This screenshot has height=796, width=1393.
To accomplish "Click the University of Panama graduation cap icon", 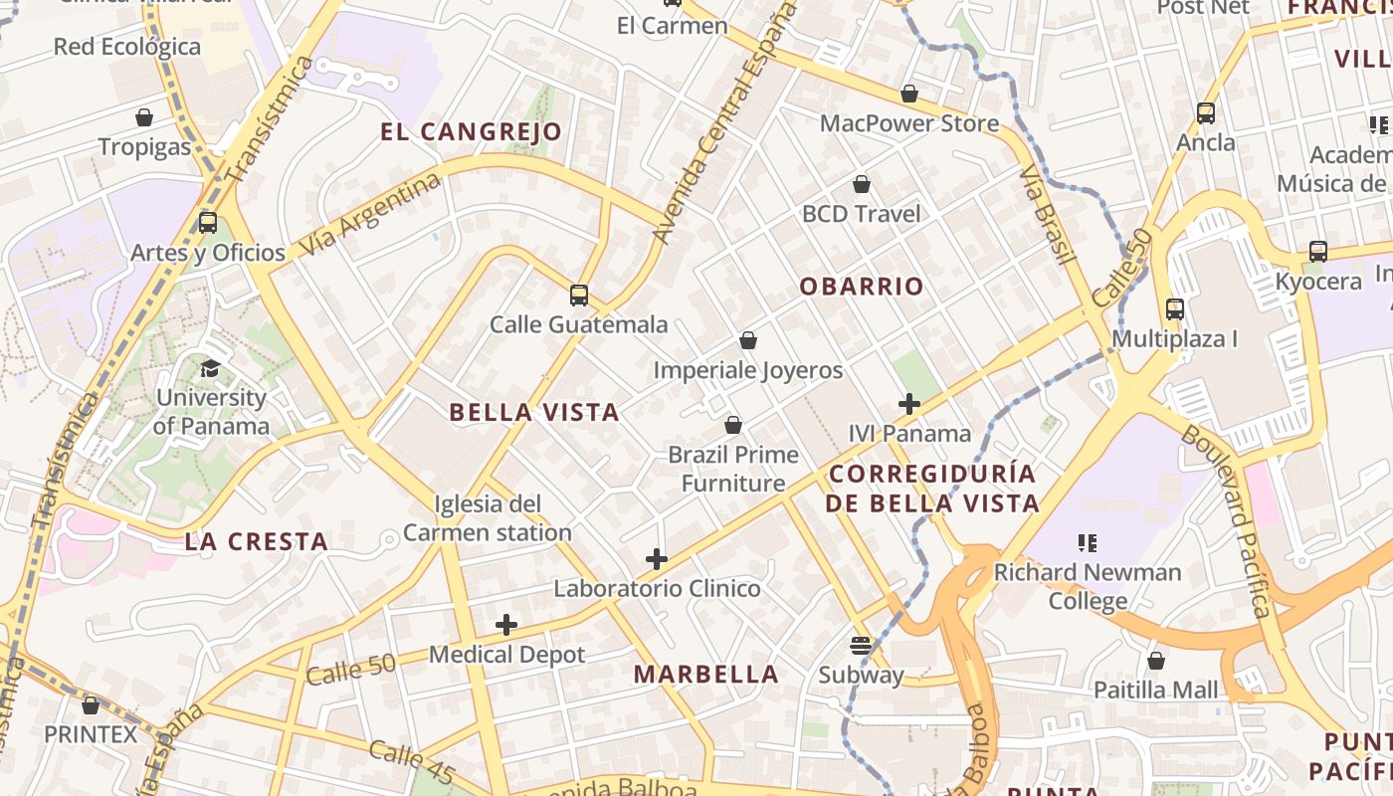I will pyautogui.click(x=210, y=369).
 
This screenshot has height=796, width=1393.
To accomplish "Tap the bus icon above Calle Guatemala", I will pyautogui.click(x=579, y=296).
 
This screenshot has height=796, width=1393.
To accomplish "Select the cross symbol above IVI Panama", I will pyautogui.click(x=909, y=404).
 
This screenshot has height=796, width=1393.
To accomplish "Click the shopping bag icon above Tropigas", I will pyautogui.click(x=144, y=117).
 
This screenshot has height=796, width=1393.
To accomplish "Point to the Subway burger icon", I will pyautogui.click(x=861, y=646).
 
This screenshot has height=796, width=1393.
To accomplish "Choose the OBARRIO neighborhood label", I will pyautogui.click(x=862, y=287).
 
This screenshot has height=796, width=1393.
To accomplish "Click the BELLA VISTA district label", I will pyautogui.click(x=534, y=412).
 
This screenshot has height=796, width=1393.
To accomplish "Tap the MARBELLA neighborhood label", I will pyautogui.click(x=706, y=674).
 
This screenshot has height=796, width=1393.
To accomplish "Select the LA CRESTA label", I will pyautogui.click(x=257, y=542).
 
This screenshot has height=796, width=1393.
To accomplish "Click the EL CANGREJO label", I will pyautogui.click(x=472, y=131).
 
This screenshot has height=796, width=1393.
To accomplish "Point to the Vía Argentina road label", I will pyautogui.click(x=369, y=214).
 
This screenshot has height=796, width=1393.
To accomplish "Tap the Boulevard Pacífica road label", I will pyautogui.click(x=1227, y=521).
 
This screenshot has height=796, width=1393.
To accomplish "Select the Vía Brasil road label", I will pyautogui.click(x=1048, y=216).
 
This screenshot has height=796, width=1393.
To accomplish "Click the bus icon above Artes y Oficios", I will pyautogui.click(x=208, y=222).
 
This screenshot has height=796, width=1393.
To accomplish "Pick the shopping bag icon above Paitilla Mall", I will pyautogui.click(x=1156, y=661).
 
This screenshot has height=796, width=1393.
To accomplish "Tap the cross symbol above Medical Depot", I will pyautogui.click(x=506, y=625).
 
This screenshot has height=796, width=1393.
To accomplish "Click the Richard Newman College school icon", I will pyautogui.click(x=1088, y=543).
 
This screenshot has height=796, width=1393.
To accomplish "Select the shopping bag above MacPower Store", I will pyautogui.click(x=908, y=95).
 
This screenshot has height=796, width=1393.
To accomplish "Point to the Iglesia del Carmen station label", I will pyautogui.click(x=488, y=518).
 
